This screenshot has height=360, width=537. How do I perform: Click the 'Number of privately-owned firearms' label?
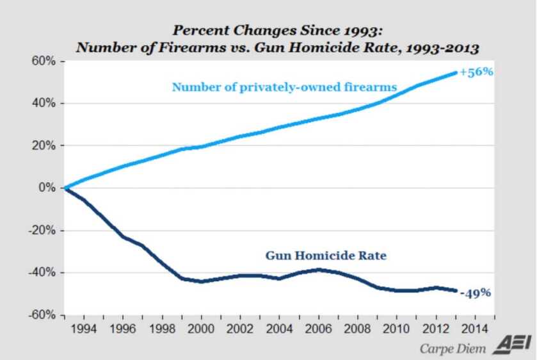click(284, 86)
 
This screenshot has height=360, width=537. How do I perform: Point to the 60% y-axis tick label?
click(44, 61)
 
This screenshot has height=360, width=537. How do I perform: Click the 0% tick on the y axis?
click(47, 188)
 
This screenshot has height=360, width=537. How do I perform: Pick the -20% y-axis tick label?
click(42, 231)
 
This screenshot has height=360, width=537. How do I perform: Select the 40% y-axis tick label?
click(44, 104)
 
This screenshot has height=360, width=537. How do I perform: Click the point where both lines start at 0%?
click(65, 188)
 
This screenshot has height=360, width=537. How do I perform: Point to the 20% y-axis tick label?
click(44, 146)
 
